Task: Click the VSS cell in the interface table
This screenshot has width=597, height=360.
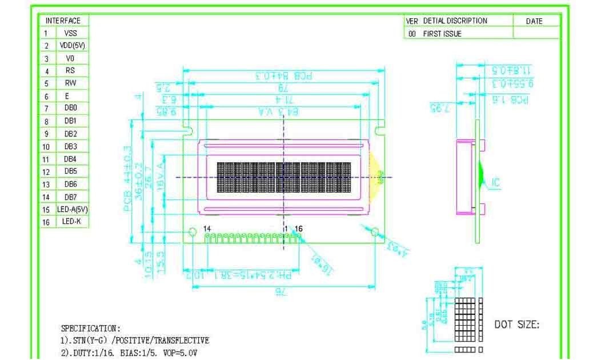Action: [70, 33]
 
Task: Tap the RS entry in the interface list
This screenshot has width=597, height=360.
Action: [70, 71]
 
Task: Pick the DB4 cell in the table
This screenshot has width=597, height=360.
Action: [70, 158]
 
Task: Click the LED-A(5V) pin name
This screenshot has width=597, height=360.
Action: [72, 209]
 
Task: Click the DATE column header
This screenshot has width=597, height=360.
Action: [534, 21]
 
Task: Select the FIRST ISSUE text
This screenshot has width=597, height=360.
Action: [442, 34]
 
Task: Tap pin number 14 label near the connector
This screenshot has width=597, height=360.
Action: [207, 229]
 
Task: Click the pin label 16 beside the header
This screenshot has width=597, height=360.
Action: [299, 229]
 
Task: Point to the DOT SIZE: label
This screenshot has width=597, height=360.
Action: [516, 325]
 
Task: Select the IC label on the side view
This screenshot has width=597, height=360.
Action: [495, 183]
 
